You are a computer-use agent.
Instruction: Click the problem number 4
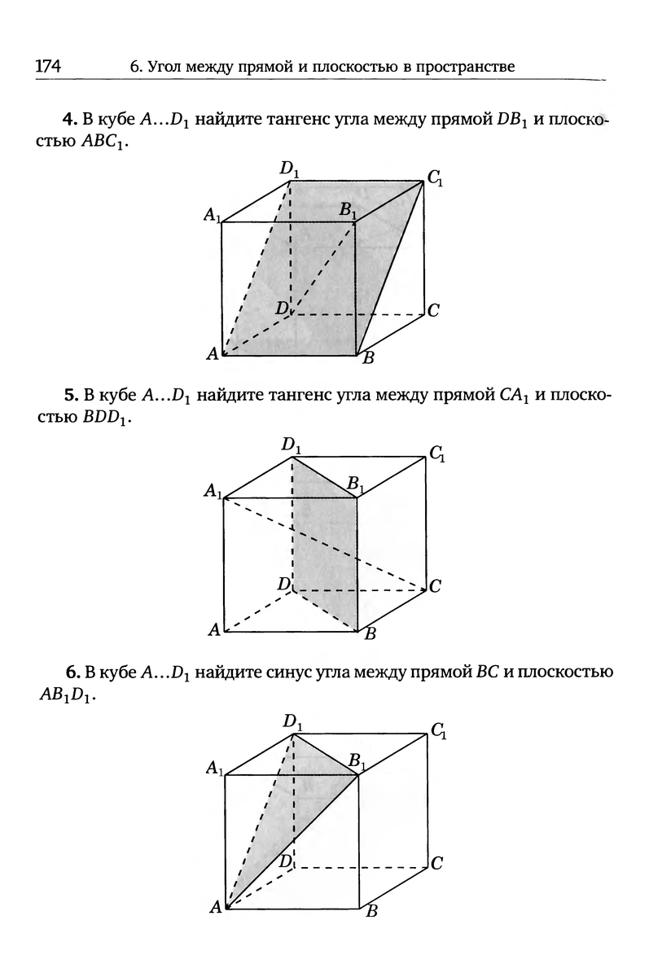[69, 120]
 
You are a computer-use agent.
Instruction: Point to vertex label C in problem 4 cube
[433, 310]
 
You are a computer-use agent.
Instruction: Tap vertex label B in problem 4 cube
[368, 357]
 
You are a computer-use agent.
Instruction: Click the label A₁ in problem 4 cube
[213, 216]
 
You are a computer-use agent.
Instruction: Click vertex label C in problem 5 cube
[435, 585]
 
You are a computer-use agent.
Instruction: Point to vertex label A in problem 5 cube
[213, 629]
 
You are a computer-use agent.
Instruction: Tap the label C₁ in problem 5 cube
[436, 453]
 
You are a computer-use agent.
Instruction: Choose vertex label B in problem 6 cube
[371, 911]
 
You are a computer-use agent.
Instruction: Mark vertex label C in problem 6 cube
[436, 864]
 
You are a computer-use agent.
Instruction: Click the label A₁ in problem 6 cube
[213, 769]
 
